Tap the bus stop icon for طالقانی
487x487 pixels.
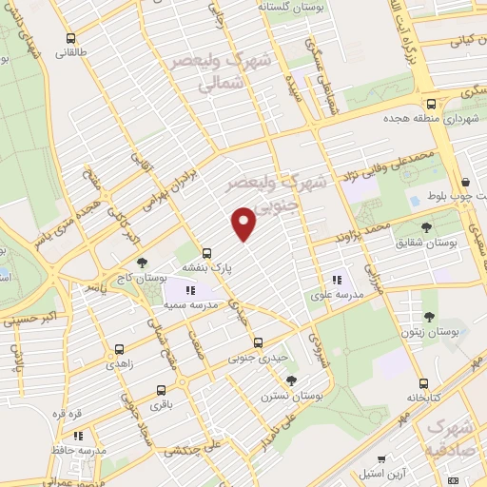71,39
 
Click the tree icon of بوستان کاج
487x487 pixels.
142,263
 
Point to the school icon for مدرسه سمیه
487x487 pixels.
189,289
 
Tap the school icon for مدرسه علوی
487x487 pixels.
336,280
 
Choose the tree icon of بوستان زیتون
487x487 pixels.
428,320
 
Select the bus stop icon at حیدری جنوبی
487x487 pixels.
257,342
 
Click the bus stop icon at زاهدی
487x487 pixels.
118,349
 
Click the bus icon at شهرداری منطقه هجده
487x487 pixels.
431,104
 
